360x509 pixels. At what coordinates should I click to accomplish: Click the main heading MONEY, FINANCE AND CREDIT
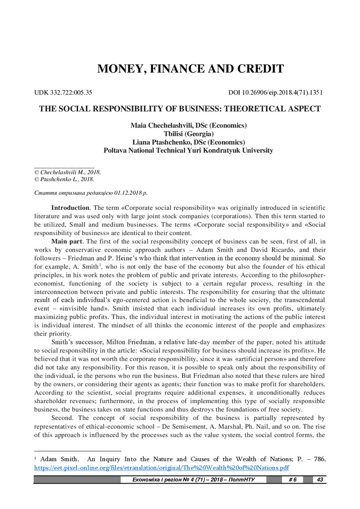click(x=190, y=69)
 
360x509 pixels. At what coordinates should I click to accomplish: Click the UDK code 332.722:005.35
click(x=63, y=92)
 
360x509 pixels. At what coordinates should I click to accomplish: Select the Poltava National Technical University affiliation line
click(x=188, y=150)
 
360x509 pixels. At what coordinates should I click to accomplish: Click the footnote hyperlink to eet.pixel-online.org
click(x=161, y=468)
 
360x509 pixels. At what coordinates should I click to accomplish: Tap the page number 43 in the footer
click(x=320, y=479)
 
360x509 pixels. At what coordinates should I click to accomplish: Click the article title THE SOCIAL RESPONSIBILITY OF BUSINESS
click(x=180, y=109)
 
